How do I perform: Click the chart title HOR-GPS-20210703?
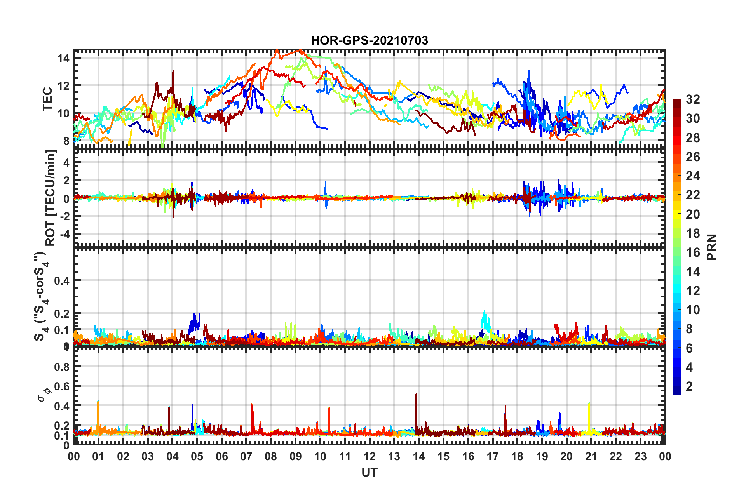(x=369, y=40)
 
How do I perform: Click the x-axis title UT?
(x=369, y=472)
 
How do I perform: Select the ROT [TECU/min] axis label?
(x=51, y=198)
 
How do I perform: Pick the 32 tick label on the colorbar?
(x=693, y=99)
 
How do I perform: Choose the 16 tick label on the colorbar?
(x=693, y=252)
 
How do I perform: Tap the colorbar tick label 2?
(x=690, y=386)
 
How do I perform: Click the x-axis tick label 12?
(x=369, y=456)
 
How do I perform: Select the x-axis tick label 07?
(x=246, y=456)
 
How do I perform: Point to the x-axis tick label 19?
(x=542, y=456)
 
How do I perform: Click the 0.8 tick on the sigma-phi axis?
(x=62, y=367)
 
